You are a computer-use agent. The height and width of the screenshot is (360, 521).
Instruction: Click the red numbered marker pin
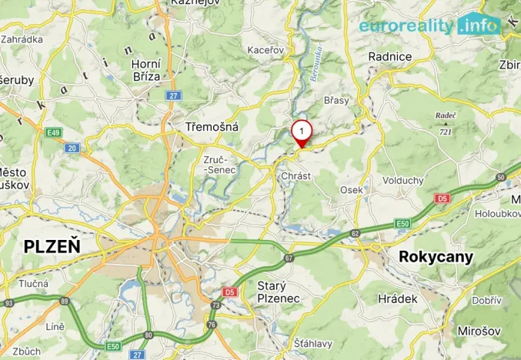click(302, 132)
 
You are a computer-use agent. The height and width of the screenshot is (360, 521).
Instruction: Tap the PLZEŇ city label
click(52, 246)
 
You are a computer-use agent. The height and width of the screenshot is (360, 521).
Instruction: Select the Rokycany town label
click(436, 257)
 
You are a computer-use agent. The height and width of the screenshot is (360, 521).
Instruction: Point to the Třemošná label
click(212, 127)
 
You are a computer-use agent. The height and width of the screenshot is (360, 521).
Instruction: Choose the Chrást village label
click(296, 176)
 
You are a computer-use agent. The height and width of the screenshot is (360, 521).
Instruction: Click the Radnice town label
click(391, 56)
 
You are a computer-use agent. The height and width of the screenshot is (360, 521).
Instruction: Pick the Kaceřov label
click(266, 50)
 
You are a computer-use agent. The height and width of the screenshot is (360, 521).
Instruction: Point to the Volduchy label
click(403, 181)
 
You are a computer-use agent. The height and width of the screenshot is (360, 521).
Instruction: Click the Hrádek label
click(398, 298)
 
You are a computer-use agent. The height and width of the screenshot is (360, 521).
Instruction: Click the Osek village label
click(352, 190)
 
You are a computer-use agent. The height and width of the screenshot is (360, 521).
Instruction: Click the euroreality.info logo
click(429, 25)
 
